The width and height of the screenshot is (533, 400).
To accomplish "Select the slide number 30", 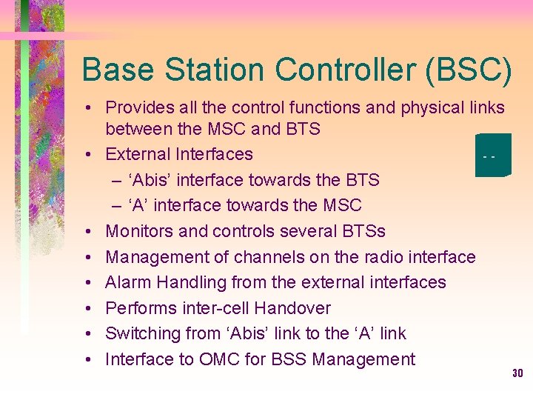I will [517, 373].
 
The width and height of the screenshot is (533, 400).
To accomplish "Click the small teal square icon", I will [492, 155].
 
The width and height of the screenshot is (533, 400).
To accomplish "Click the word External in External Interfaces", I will [138, 154].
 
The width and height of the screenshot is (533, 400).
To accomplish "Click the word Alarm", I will [127, 282].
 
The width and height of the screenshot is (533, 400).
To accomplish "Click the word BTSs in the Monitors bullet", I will [363, 231].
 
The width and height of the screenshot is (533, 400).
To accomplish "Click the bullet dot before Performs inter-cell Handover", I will [88, 308].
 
